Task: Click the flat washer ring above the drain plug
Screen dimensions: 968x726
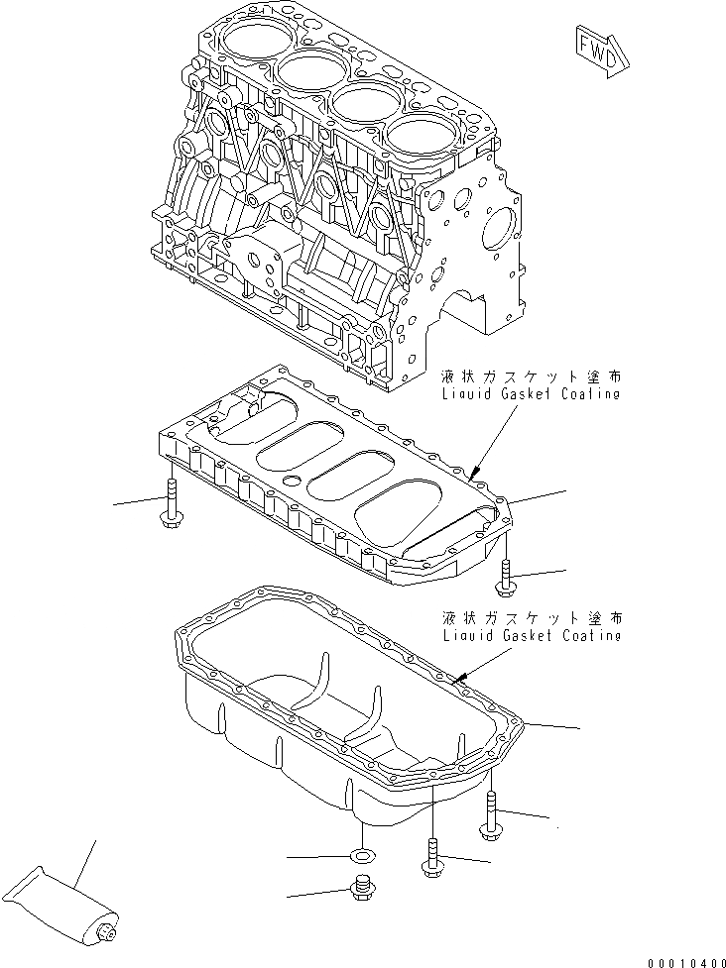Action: pos(363,854)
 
